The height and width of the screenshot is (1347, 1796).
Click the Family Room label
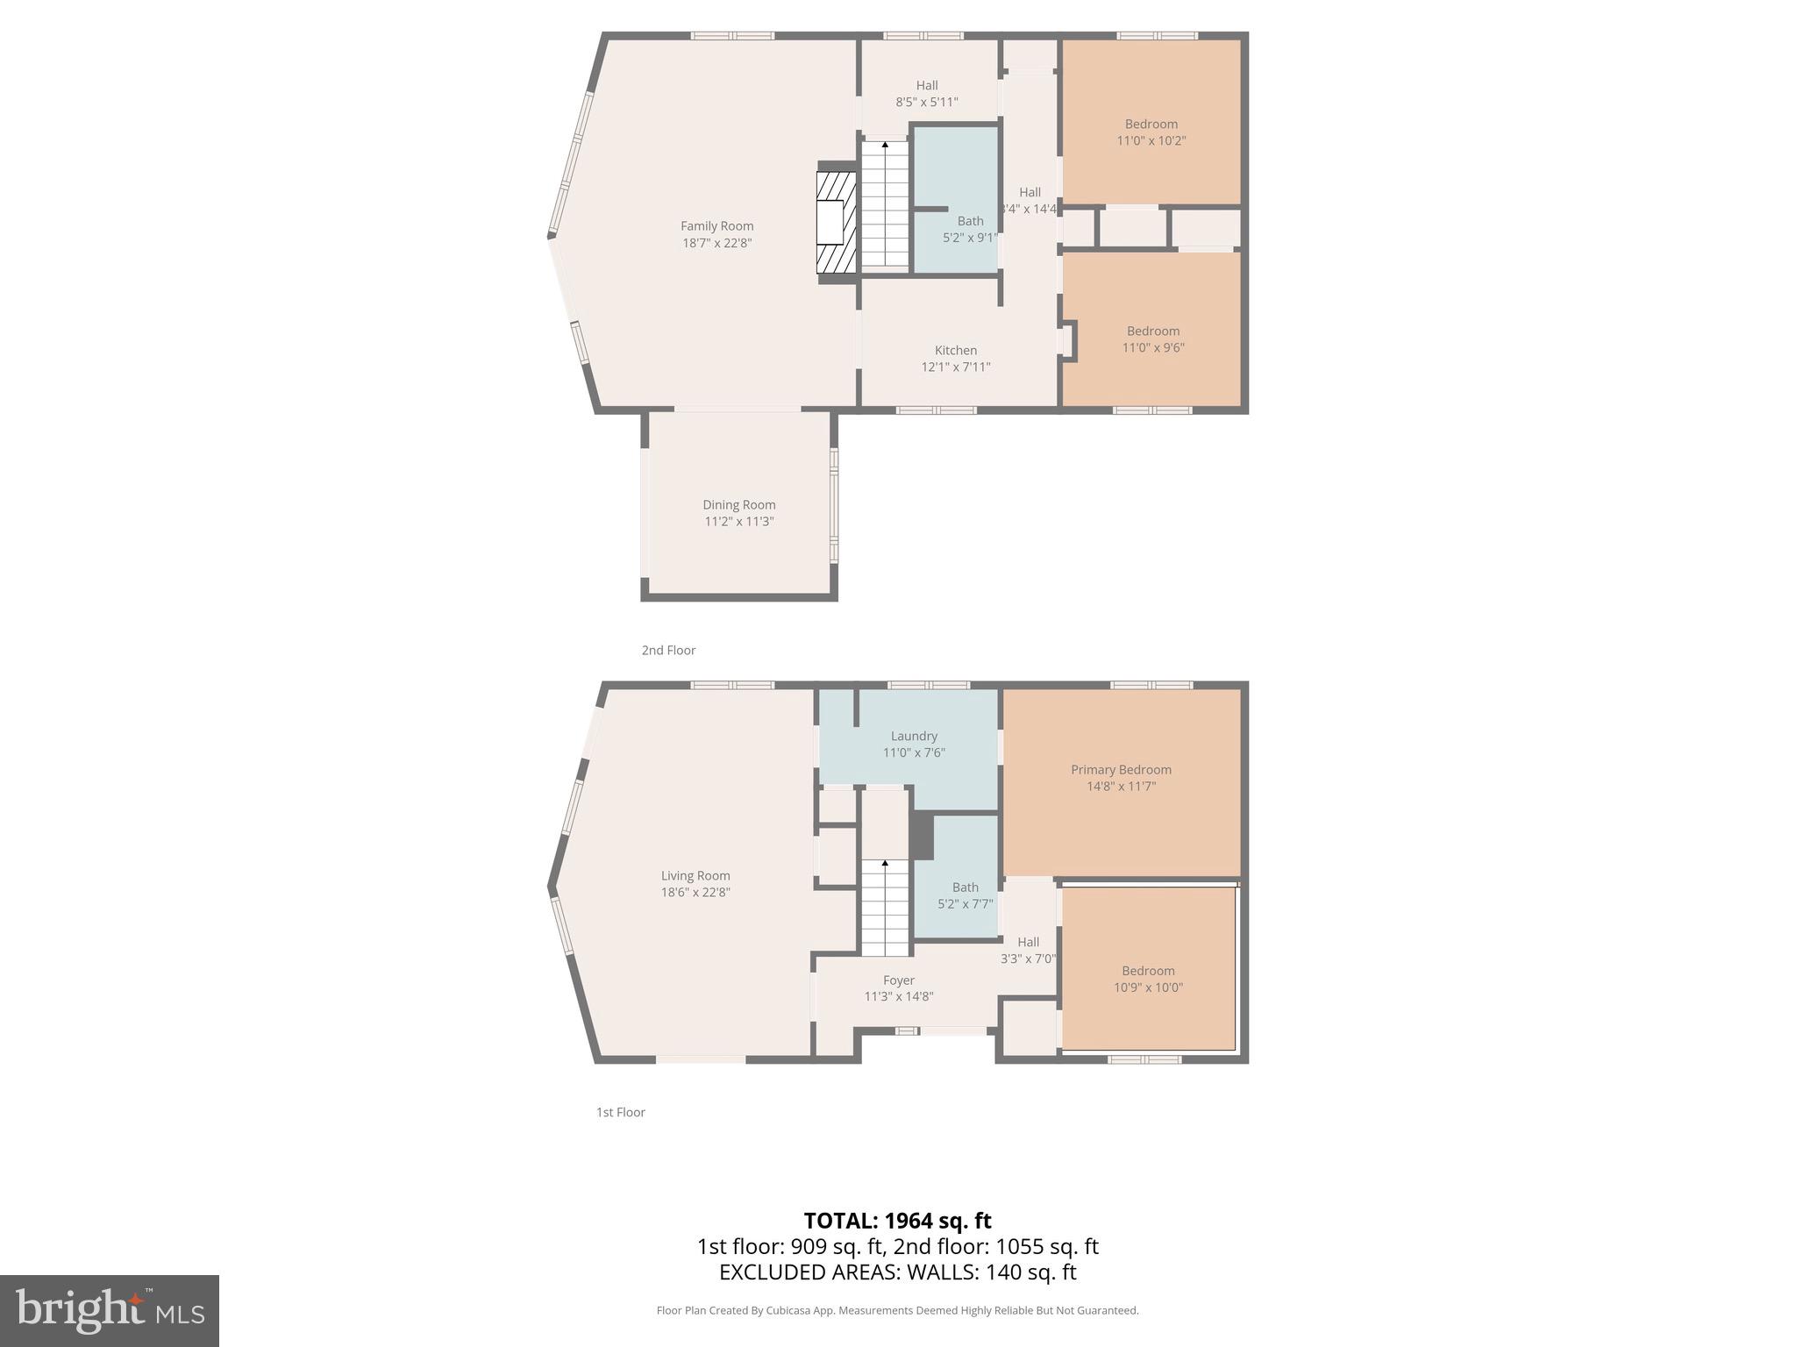click(716, 226)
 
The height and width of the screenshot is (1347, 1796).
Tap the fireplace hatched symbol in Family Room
click(836, 222)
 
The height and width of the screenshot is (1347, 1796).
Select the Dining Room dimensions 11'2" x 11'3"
click(738, 522)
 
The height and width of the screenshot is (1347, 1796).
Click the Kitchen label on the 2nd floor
click(955, 350)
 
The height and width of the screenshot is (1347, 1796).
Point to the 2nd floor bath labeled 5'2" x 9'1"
click(969, 229)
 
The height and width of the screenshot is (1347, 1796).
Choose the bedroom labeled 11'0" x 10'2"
click(1151, 132)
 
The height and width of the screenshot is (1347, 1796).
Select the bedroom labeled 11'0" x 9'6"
click(1152, 339)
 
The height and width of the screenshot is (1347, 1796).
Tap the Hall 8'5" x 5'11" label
click(926, 94)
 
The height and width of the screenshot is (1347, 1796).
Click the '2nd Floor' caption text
click(668, 650)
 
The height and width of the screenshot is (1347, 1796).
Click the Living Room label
click(695, 875)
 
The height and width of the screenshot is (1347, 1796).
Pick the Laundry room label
click(914, 736)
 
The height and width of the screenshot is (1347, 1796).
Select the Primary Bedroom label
click(1121, 769)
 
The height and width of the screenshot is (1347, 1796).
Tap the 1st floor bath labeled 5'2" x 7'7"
click(965, 894)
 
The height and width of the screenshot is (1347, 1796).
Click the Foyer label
click(898, 980)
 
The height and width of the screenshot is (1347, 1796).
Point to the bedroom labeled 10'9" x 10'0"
click(1148, 979)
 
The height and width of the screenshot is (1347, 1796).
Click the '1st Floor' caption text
click(620, 1112)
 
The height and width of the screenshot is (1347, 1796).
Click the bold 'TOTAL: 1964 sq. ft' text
click(897, 1221)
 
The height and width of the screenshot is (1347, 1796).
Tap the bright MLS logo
click(110, 1310)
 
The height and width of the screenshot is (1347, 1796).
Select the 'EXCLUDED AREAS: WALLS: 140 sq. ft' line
click(897, 1272)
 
